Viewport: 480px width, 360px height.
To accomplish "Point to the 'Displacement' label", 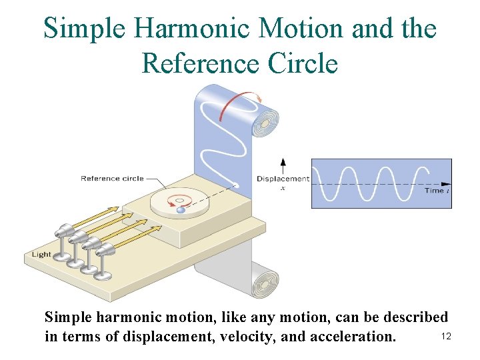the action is (283, 179).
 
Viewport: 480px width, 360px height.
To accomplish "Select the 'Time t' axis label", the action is (437, 191).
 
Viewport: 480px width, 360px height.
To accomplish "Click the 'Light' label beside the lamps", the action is (41, 254).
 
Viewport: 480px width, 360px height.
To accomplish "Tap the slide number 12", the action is (446, 337).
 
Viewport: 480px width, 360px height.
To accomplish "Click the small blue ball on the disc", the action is (181, 210).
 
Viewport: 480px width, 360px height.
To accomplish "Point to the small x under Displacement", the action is (283, 188).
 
